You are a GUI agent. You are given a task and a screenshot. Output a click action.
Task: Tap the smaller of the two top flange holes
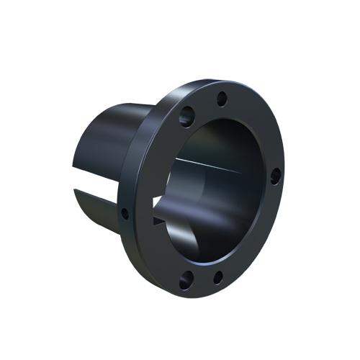tap(222, 99)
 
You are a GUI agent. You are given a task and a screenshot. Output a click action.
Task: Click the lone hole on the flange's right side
tap(275, 175)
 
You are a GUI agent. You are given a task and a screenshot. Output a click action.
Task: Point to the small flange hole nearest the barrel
tap(125, 213)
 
